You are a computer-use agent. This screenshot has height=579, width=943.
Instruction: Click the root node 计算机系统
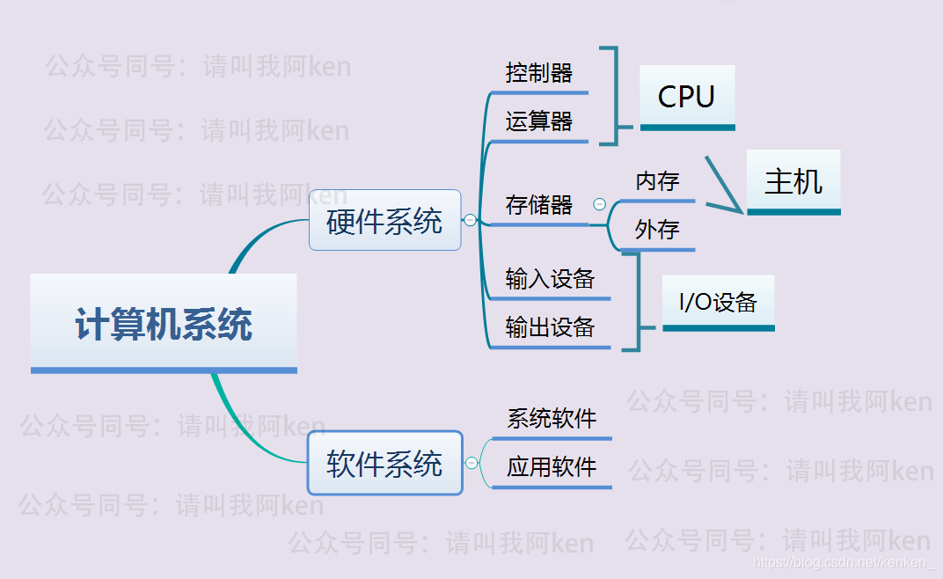(x=164, y=323)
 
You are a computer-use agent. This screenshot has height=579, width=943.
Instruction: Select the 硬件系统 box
(x=384, y=220)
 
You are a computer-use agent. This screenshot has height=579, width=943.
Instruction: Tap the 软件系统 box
(x=384, y=463)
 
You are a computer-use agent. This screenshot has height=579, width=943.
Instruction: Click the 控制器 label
(x=539, y=73)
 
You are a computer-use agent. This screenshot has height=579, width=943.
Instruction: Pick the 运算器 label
(x=539, y=121)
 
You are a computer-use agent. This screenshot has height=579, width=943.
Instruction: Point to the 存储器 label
(x=539, y=206)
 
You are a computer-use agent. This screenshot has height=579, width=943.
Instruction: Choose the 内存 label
(x=657, y=182)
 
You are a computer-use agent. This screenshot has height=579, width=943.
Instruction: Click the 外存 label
(x=657, y=231)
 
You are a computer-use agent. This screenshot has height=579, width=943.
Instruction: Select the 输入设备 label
(x=550, y=280)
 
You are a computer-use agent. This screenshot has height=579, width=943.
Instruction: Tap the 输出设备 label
(x=550, y=328)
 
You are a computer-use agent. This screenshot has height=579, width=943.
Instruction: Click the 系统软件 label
(x=552, y=419)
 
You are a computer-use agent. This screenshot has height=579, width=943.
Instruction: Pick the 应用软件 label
(x=552, y=467)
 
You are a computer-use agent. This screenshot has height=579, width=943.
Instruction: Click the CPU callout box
(x=686, y=97)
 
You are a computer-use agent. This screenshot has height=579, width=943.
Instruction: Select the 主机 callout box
(x=793, y=181)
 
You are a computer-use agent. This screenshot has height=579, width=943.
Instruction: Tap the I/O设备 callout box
(x=718, y=303)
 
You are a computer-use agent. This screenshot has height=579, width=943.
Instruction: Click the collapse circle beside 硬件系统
(x=471, y=220)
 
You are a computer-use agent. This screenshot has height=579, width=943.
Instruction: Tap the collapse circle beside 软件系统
(x=471, y=463)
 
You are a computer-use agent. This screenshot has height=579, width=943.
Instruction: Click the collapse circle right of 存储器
(x=600, y=204)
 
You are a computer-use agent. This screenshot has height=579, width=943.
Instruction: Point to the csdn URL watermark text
(x=844, y=561)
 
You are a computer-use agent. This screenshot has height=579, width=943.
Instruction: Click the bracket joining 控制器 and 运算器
(x=615, y=95)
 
